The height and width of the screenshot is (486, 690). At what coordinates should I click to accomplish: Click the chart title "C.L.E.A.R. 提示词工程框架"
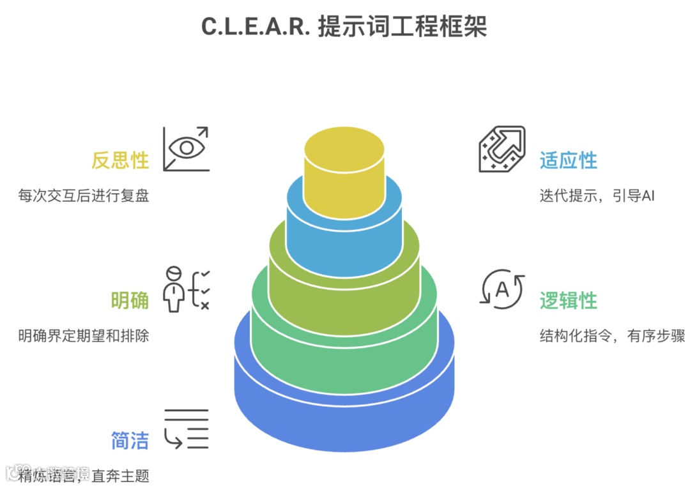[344, 27]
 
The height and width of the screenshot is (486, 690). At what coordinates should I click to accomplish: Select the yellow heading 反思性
[120, 160]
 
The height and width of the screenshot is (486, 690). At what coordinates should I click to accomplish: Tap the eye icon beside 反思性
[186, 149]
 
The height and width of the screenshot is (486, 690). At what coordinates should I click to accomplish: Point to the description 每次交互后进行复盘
[84, 195]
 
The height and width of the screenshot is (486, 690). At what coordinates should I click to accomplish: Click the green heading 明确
[130, 300]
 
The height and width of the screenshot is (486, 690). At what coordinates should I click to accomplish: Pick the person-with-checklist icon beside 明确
[186, 289]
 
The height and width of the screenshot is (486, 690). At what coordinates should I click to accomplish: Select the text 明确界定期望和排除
[84, 335]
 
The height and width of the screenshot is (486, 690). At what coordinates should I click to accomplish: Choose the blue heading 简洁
[130, 441]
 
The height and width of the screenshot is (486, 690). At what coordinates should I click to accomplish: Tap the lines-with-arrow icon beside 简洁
[186, 429]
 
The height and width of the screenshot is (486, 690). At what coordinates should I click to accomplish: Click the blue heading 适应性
[569, 160]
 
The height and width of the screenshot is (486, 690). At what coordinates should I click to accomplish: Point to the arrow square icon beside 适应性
[502, 149]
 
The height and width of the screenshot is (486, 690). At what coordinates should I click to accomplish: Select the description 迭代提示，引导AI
[597, 195]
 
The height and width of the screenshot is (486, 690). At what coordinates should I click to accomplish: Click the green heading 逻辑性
[569, 300]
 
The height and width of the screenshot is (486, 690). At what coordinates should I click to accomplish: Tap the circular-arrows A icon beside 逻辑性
[502, 289]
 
